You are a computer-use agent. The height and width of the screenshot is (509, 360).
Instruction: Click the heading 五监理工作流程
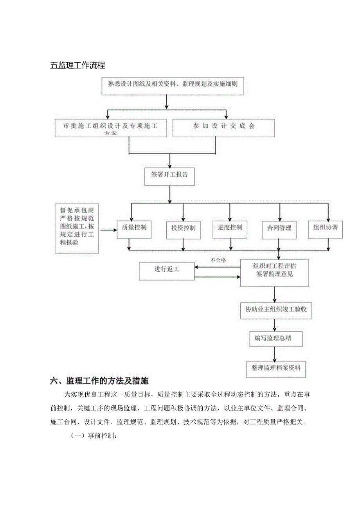pyautogui.click(x=78, y=65)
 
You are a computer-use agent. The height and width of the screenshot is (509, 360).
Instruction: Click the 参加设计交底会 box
pyautogui.click(x=223, y=128)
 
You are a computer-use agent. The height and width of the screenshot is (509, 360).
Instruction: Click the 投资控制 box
pyautogui.click(x=183, y=228)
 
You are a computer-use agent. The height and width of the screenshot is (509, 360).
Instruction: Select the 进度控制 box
pyautogui.click(x=230, y=228)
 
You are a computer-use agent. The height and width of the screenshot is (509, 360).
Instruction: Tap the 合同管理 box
pyautogui.click(x=279, y=228)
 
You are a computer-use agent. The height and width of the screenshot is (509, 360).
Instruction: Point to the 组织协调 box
pyautogui.click(x=326, y=228)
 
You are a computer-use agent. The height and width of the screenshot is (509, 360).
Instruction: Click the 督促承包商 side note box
pyautogui.click(x=77, y=228)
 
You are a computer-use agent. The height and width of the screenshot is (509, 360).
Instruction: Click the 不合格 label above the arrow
pyautogui.click(x=218, y=260)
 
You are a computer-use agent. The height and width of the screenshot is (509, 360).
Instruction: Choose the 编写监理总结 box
pyautogui.click(x=276, y=339)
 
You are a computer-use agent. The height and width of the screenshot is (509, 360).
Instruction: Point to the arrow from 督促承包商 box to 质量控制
pyautogui.click(x=108, y=230)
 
